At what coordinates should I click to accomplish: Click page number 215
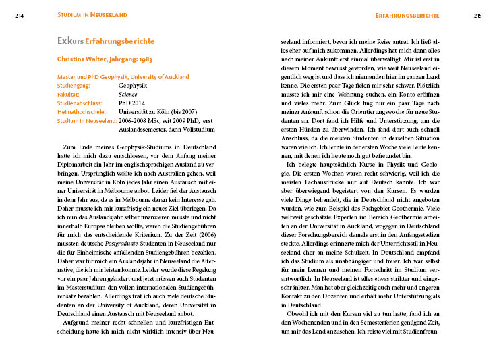coord(477,14)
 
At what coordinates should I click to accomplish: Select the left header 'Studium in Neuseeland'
coord(92,14)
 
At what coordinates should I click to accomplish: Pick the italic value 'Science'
coord(127,95)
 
